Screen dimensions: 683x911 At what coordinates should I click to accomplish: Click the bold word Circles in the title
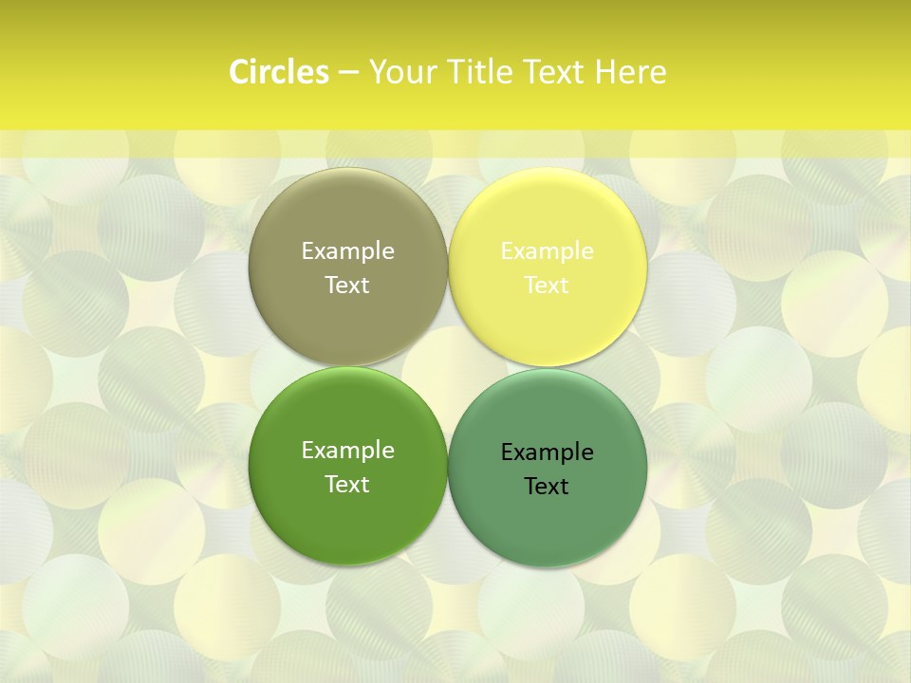[278, 72]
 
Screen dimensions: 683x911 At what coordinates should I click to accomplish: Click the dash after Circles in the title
[348, 73]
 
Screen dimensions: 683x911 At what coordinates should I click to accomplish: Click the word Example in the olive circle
[347, 250]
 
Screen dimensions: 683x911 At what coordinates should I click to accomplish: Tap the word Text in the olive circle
[347, 285]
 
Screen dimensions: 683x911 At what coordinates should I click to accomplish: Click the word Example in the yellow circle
[548, 250]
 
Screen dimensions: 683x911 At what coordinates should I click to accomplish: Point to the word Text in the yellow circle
[548, 285]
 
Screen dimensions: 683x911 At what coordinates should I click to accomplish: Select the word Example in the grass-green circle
[347, 450]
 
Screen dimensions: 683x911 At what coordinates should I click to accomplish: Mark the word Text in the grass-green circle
[347, 484]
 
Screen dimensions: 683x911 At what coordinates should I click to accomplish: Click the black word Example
[548, 452]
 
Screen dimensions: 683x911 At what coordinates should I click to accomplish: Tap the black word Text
[548, 486]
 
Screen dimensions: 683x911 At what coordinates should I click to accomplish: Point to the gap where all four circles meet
[448, 366]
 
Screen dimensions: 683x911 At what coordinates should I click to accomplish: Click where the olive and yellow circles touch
[448, 267]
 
